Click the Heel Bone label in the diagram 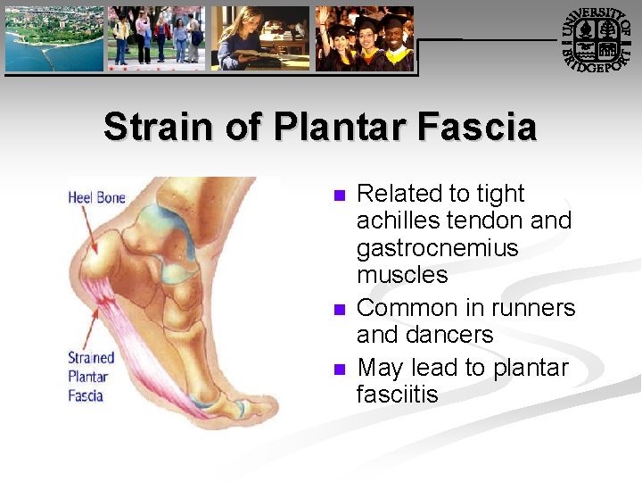click(x=96, y=197)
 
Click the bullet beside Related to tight click(x=337, y=195)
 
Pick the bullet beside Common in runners click(x=337, y=310)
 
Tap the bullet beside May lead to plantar click(x=337, y=370)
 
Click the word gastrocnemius click(x=437, y=247)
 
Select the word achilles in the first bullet click(x=398, y=220)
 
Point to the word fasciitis click(x=398, y=395)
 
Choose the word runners click(x=531, y=308)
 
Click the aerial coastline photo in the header click(x=53, y=38)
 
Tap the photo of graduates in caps click(x=366, y=38)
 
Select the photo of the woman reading click(x=260, y=38)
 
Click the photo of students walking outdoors click(x=156, y=38)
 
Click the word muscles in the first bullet click(x=402, y=274)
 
